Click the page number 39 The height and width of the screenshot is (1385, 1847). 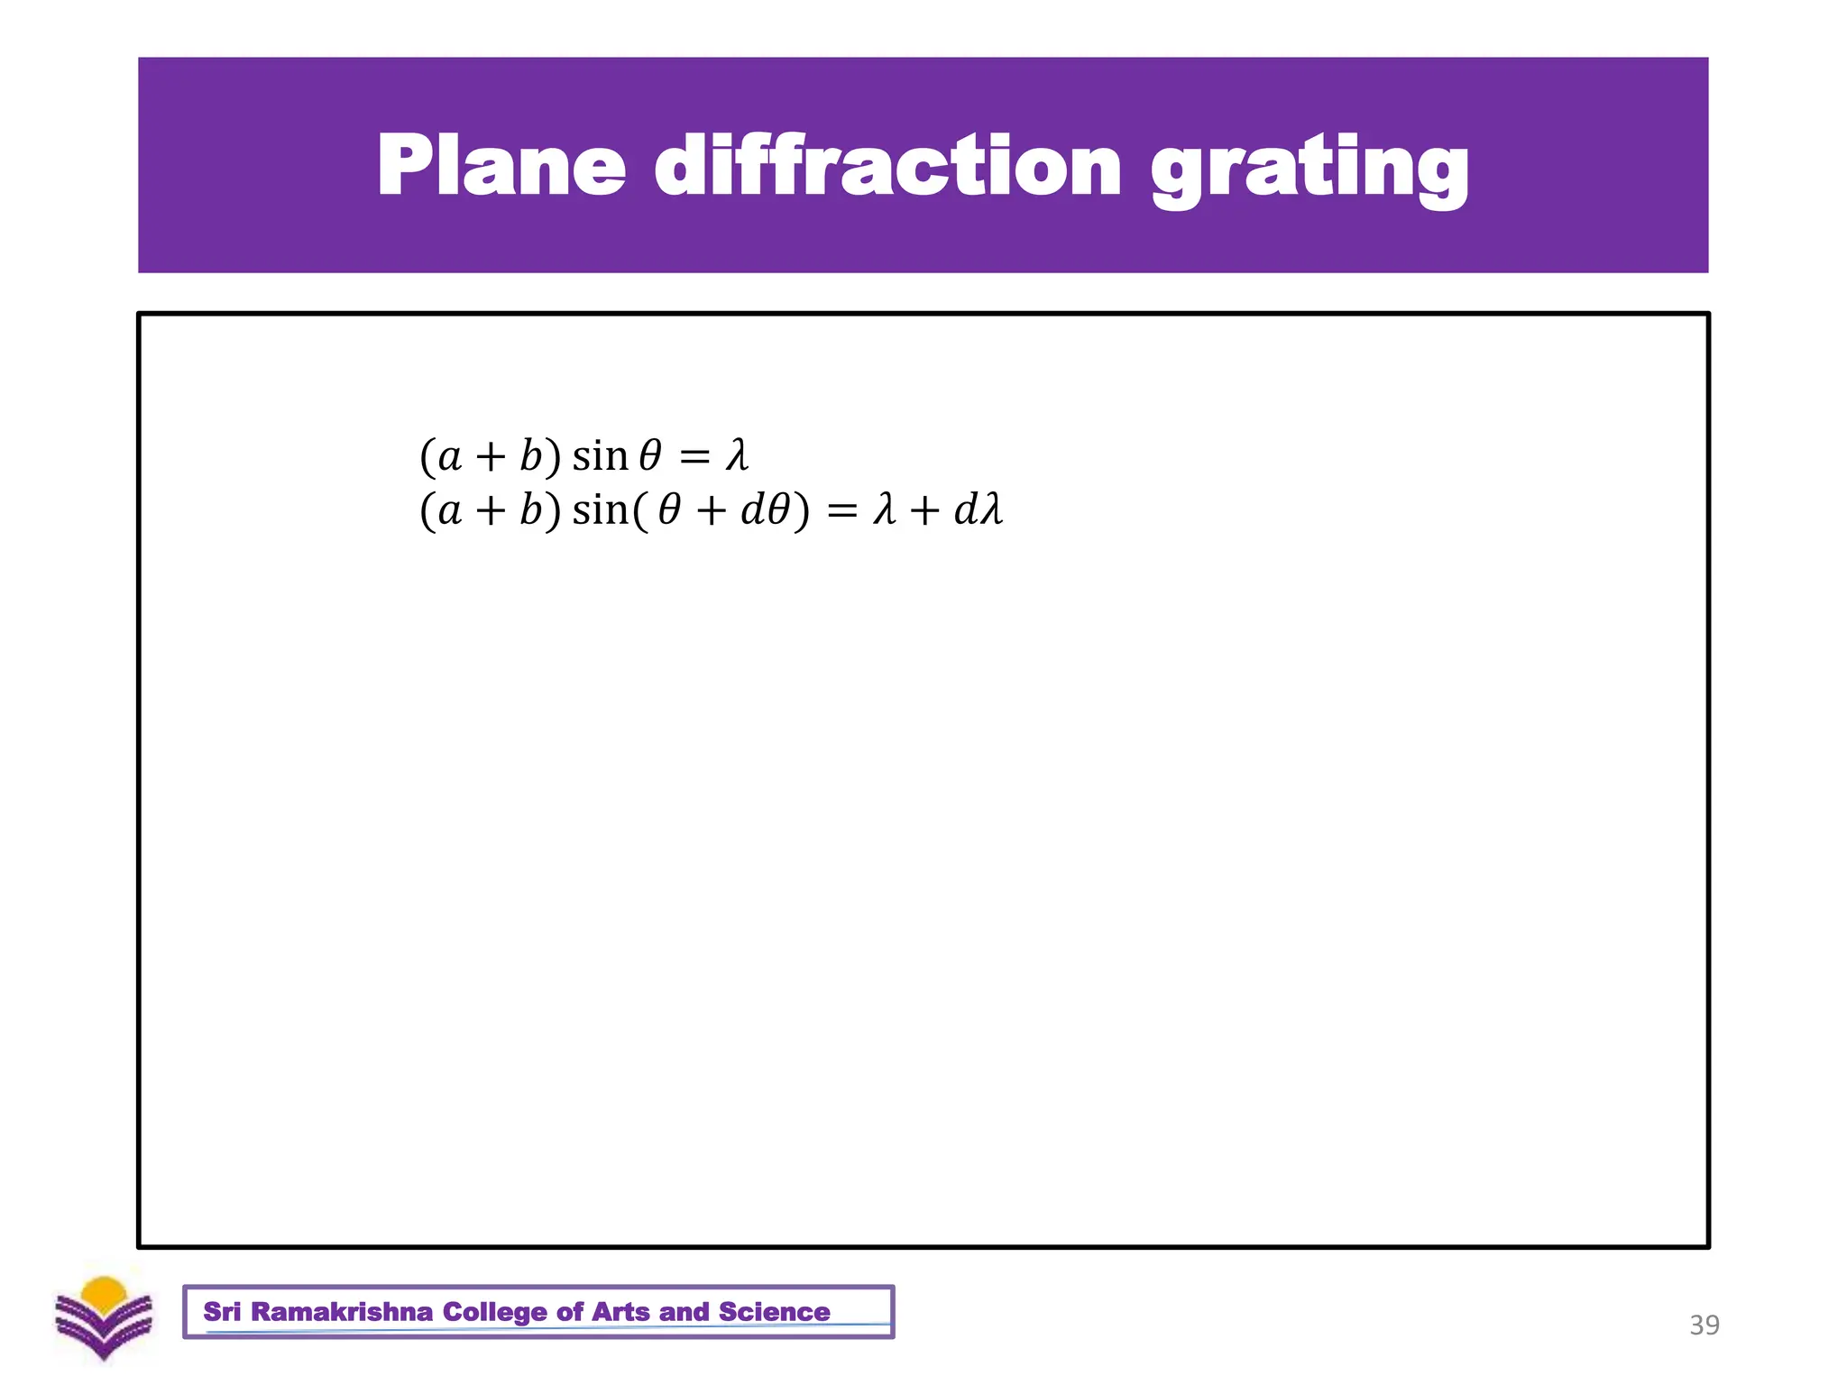(1704, 1325)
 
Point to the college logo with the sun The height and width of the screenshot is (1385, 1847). (104, 1316)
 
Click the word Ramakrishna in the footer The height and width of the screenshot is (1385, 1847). (342, 1312)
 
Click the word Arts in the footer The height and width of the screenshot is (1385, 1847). (621, 1312)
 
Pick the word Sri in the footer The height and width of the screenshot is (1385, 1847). (222, 1312)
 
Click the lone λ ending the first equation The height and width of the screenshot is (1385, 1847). (737, 455)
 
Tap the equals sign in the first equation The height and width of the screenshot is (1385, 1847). (694, 456)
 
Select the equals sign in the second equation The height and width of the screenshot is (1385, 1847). (841, 511)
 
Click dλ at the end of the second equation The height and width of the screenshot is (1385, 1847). (979, 509)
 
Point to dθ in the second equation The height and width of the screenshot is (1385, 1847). (765, 510)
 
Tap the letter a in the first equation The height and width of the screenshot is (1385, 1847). (449, 457)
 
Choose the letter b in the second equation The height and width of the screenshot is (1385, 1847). (530, 509)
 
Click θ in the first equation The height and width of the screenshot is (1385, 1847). (650, 455)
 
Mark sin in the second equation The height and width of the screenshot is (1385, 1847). (600, 510)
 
